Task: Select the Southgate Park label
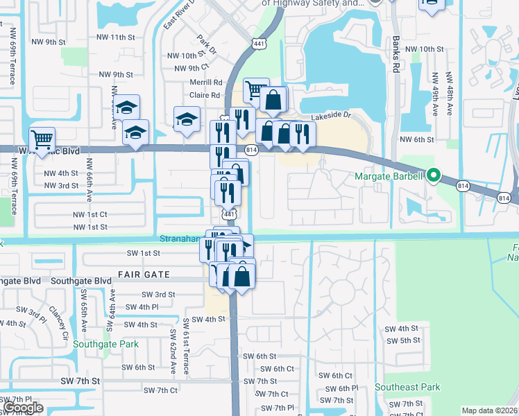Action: (105, 344)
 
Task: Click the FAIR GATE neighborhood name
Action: (144, 275)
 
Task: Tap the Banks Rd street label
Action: (395, 53)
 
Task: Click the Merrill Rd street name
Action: (205, 83)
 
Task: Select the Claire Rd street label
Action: (205, 96)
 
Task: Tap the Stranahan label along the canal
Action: (182, 238)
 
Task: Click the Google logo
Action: (24, 408)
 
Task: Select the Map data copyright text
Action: (490, 410)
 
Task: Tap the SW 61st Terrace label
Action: (186, 347)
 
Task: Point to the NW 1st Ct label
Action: (90, 215)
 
